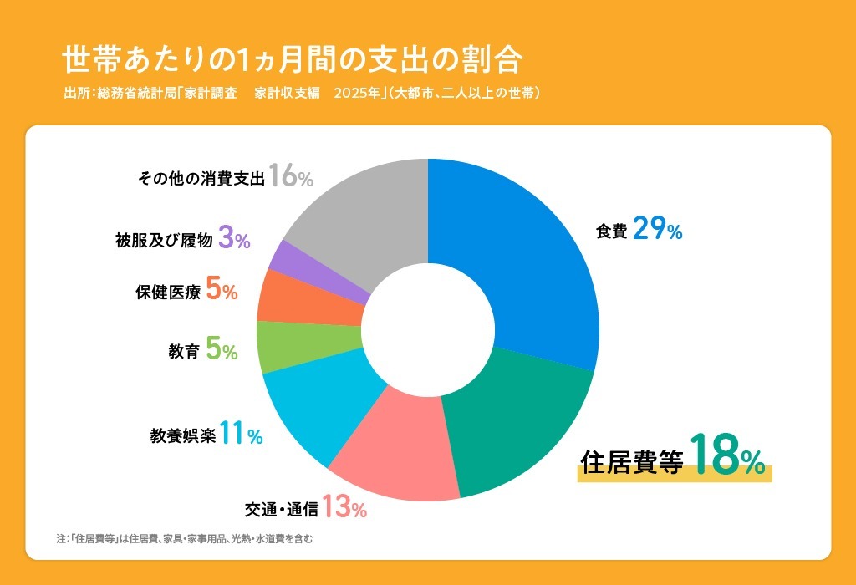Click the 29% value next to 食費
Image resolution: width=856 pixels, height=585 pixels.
click(x=657, y=229)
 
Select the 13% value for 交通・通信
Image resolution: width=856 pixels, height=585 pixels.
click(x=344, y=506)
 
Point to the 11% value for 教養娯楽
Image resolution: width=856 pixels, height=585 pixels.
click(x=242, y=435)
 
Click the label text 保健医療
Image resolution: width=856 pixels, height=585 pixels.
click(x=167, y=292)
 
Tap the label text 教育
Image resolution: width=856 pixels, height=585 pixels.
click(x=183, y=352)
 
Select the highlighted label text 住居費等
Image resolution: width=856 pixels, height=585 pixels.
click(x=632, y=461)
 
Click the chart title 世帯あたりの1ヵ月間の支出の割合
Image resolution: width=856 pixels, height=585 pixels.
click(x=293, y=61)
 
